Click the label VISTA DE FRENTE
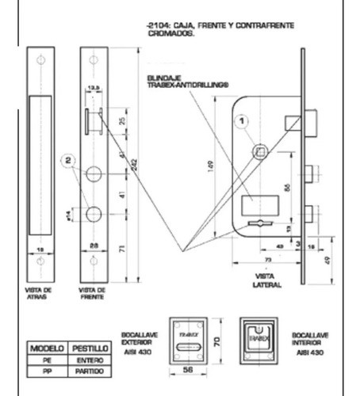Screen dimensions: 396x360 click(x=94, y=293)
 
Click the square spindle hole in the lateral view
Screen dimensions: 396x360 click(x=259, y=151)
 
